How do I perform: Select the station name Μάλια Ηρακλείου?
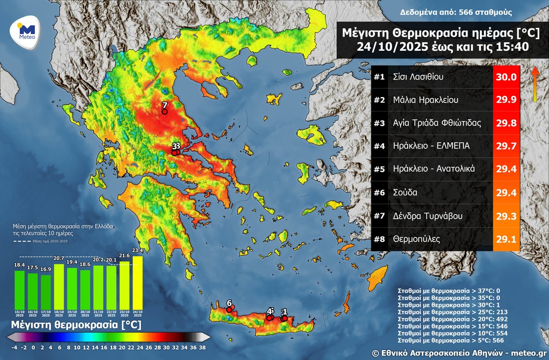425,100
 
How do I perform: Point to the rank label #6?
379,193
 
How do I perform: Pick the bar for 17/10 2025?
46,291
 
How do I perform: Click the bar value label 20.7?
59,259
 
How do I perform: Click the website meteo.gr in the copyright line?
528,353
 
